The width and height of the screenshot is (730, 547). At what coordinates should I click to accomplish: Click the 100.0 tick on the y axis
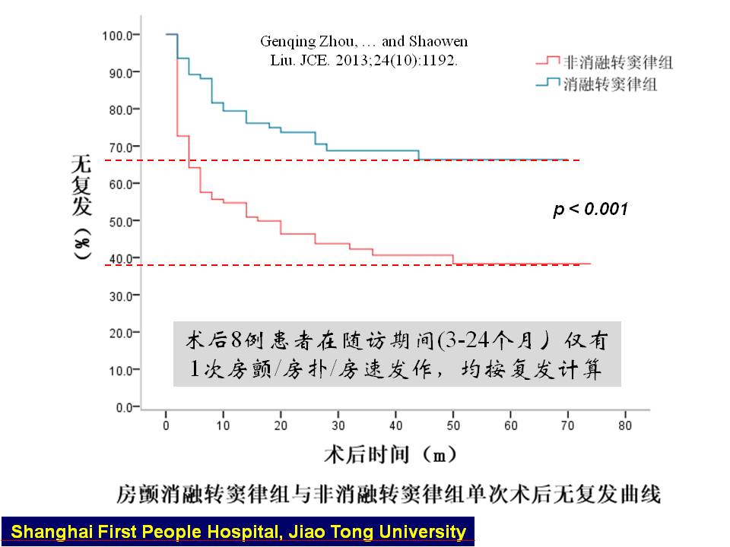point(117,35)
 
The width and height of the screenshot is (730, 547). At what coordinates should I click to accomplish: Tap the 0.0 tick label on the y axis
point(122,407)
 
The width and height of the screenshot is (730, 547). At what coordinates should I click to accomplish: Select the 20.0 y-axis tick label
point(119,333)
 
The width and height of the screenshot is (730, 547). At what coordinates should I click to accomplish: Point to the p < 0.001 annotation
point(590,209)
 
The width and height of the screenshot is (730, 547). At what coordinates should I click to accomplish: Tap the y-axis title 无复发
point(81,186)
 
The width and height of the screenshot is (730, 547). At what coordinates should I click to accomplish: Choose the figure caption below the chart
point(389,495)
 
